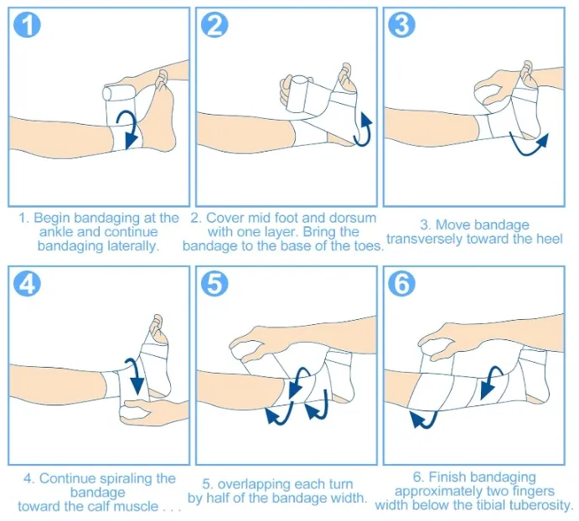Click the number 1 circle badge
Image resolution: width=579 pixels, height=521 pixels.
(28, 25)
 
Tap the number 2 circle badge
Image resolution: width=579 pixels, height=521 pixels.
(215, 25)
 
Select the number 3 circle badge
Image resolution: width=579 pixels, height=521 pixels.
(402, 25)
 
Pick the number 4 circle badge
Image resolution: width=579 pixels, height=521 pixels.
(28, 284)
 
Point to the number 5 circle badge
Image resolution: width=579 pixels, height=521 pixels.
(215, 284)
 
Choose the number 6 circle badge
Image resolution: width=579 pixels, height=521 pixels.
(402, 284)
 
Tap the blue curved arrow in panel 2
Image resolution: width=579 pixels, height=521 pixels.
(366, 128)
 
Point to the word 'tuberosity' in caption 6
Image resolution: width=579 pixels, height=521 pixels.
(536, 505)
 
